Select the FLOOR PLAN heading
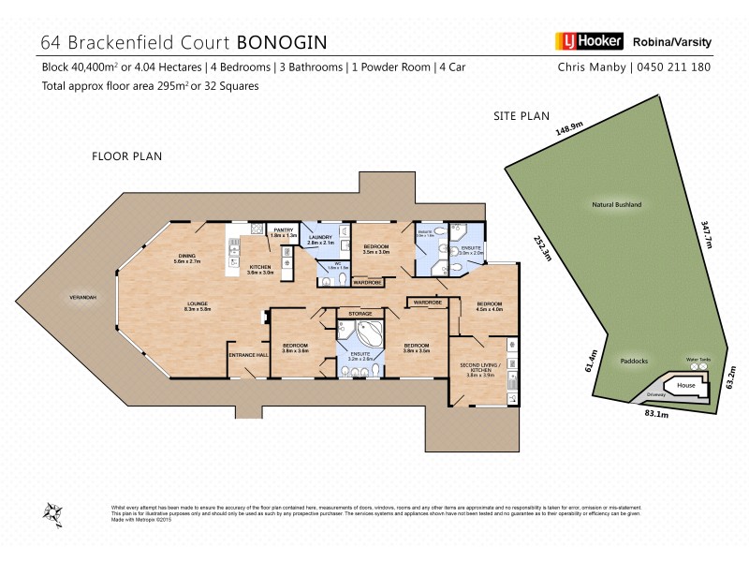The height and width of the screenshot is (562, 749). pyautogui.click(x=126, y=156)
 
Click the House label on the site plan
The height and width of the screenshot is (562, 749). pyautogui.click(x=686, y=385)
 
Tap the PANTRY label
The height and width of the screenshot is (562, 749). pyautogui.click(x=283, y=229)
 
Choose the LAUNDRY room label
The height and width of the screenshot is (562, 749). pyautogui.click(x=320, y=238)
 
